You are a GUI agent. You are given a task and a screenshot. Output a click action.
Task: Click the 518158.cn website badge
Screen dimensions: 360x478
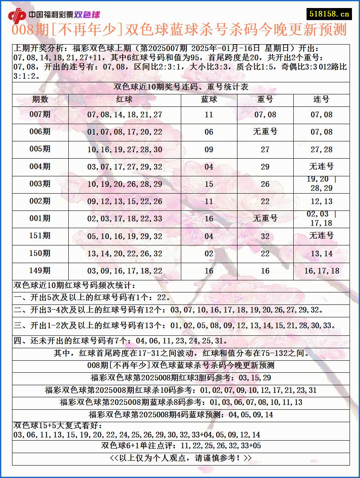click(328, 14)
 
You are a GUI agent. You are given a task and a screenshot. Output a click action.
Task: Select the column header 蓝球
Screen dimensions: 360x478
click(209, 99)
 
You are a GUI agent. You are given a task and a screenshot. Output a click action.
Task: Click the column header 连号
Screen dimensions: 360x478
click(321, 99)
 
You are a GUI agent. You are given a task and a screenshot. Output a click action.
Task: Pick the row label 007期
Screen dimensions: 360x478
click(40, 114)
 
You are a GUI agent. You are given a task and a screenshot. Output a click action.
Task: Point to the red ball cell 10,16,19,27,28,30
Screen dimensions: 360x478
click(125, 149)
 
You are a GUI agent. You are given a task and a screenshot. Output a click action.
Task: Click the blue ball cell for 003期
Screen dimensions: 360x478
click(209, 184)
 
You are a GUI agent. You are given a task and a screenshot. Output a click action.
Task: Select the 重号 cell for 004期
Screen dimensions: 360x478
click(265, 167)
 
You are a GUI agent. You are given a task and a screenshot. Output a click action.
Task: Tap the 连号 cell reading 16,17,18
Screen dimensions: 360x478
click(321, 271)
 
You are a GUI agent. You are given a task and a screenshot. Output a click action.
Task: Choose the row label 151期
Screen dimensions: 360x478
click(40, 236)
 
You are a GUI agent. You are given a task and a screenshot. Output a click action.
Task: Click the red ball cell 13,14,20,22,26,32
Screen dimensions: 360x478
click(125, 253)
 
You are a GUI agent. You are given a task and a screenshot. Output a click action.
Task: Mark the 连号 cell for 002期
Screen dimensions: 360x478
click(321, 201)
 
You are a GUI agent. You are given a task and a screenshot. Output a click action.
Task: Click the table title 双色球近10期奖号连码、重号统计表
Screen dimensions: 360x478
click(181, 87)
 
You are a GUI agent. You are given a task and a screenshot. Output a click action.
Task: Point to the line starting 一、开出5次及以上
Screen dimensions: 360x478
click(92, 298)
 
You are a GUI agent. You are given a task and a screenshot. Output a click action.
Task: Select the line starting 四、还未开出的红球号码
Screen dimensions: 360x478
click(121, 341)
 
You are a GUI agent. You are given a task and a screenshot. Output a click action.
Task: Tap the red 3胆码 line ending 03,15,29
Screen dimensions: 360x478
click(181, 378)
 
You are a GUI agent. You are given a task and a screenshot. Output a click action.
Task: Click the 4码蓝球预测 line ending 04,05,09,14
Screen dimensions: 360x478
click(181, 415)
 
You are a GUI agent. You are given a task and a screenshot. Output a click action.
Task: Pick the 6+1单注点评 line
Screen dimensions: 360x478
click(181, 445)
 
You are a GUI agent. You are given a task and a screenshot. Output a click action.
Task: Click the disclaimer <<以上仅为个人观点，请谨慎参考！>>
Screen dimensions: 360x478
click(181, 458)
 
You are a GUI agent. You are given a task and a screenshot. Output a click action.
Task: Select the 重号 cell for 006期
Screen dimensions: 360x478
click(265, 132)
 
